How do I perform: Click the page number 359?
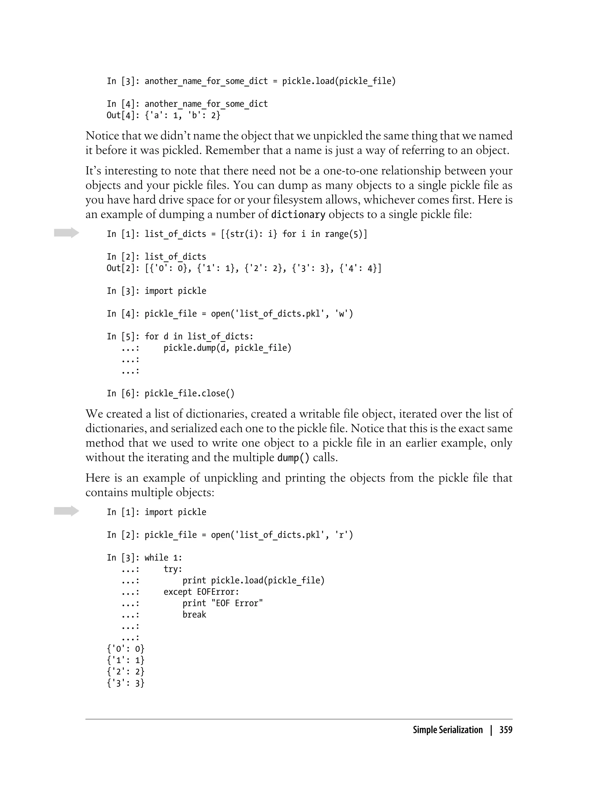[x=505, y=730]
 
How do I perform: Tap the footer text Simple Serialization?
[x=447, y=730]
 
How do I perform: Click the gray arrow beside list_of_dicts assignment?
[x=66, y=233]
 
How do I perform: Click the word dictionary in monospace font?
[x=298, y=215]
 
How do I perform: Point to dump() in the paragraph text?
[x=293, y=457]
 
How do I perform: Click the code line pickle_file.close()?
[x=190, y=393]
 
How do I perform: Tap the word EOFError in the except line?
[x=218, y=592]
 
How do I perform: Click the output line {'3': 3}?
[x=126, y=683]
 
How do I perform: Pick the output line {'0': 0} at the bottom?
[x=126, y=649]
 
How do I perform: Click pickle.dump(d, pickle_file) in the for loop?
[x=227, y=348]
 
